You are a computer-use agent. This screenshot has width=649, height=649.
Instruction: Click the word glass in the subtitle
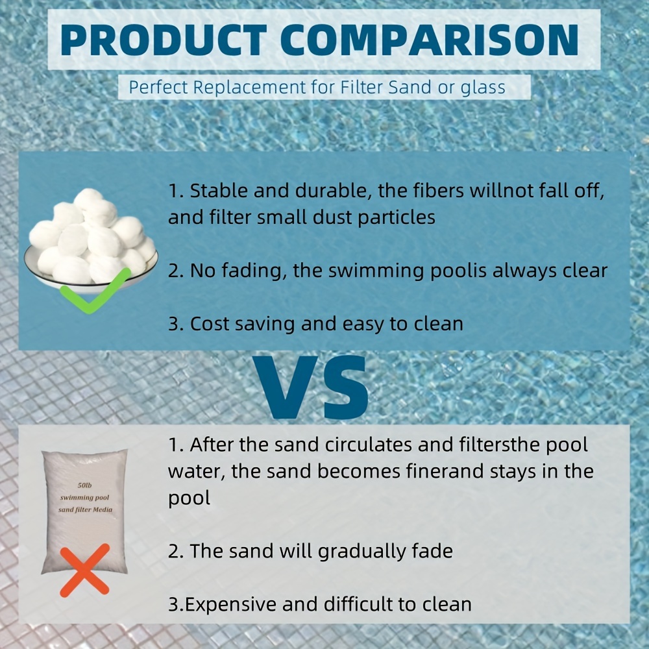click(482, 87)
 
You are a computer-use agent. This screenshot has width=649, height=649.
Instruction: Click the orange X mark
click(84, 570)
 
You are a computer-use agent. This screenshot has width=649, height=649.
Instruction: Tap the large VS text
click(311, 387)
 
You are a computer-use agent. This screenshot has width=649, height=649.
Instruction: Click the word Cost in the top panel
click(210, 323)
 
